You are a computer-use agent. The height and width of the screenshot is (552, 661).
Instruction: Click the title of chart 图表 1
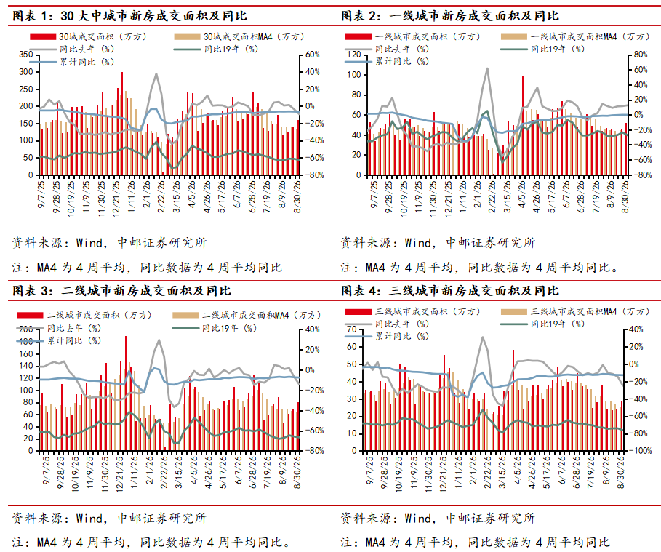tap(129, 16)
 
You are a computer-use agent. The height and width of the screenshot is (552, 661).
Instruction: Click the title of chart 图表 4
tap(450, 291)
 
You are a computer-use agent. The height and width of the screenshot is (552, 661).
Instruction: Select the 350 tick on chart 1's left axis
tap(25, 55)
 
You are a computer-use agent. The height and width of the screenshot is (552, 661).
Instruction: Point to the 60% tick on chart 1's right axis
tap(313, 55)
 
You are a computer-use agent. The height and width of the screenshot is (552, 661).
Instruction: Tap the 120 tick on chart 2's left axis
tap(354, 55)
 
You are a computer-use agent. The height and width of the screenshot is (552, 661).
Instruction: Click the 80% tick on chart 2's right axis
tap(641, 55)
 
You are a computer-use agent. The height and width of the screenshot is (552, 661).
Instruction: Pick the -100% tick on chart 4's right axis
tap(641, 450)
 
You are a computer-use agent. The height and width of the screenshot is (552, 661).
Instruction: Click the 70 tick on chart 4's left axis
tap(351, 329)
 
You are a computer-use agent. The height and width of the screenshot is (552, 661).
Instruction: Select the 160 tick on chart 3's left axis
tap(25, 353)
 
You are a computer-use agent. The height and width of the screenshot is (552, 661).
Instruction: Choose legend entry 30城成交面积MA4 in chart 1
tap(239, 37)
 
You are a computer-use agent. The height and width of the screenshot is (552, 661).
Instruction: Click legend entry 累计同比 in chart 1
tap(72, 62)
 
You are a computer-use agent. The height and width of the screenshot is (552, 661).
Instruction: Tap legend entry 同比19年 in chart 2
tap(543, 49)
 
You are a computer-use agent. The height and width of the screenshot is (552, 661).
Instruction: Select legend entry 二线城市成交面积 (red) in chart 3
tap(84, 315)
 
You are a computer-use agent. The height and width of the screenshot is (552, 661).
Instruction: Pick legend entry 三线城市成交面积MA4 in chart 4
tap(575, 311)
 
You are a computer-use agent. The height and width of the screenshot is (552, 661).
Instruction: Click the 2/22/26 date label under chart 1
tap(161, 197)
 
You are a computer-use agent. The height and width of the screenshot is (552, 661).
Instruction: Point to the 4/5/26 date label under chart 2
tap(521, 195)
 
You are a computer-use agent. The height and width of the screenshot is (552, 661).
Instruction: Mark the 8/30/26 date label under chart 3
tap(297, 472)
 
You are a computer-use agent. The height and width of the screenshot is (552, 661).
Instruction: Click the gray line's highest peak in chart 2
tap(487, 68)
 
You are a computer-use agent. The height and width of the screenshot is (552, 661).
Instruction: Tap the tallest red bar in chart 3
tap(126, 393)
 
